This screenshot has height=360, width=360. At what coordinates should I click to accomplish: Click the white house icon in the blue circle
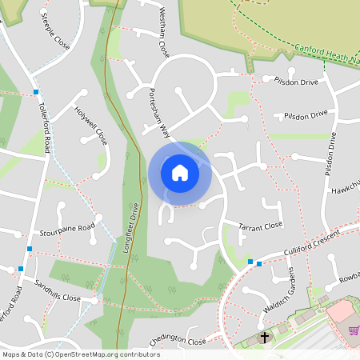pyautogui.click(x=180, y=173)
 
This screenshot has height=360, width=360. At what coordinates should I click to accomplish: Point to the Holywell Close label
pyautogui.click(x=90, y=126)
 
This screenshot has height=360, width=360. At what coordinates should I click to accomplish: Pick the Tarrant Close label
pyautogui.click(x=261, y=226)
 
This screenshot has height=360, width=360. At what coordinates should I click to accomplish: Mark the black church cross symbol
pyautogui.click(x=265, y=338)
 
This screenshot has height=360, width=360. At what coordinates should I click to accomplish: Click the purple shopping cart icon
pyautogui.click(x=353, y=330)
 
